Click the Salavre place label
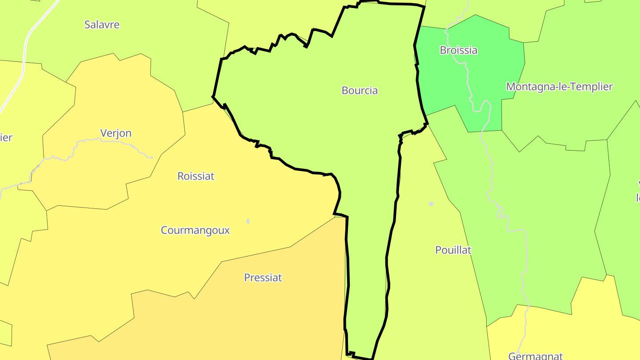pyautogui.click(x=102, y=24)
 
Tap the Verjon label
pyautogui.click(x=116, y=133)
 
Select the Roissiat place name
pyautogui.click(x=196, y=176)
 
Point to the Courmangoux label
pyautogui.click(x=195, y=230)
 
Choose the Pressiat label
pyautogui.click(x=263, y=278)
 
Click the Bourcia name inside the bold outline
pyautogui.click(x=360, y=91)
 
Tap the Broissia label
pyautogui.click(x=458, y=50)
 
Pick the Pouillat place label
pyautogui.click(x=453, y=250)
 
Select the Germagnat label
pyautogui.click(x=535, y=356)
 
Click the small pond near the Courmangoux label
pyautogui.click(x=248, y=221)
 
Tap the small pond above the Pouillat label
pyautogui.click(x=431, y=204)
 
